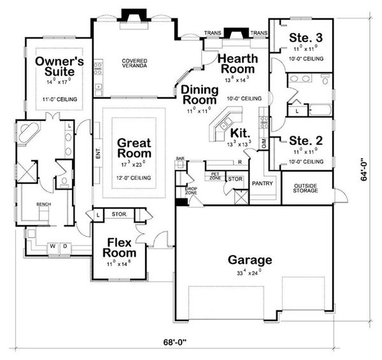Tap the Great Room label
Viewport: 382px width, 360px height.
(134, 148)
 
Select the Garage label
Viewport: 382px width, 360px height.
(250, 260)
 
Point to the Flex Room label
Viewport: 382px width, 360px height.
(120, 247)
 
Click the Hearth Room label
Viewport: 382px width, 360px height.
(237, 63)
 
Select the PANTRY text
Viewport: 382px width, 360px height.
(262, 183)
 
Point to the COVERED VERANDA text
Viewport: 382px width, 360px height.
(134, 64)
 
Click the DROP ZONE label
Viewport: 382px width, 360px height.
(190, 190)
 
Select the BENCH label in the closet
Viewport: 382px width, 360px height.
(43, 205)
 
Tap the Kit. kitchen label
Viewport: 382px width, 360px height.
(239, 132)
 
